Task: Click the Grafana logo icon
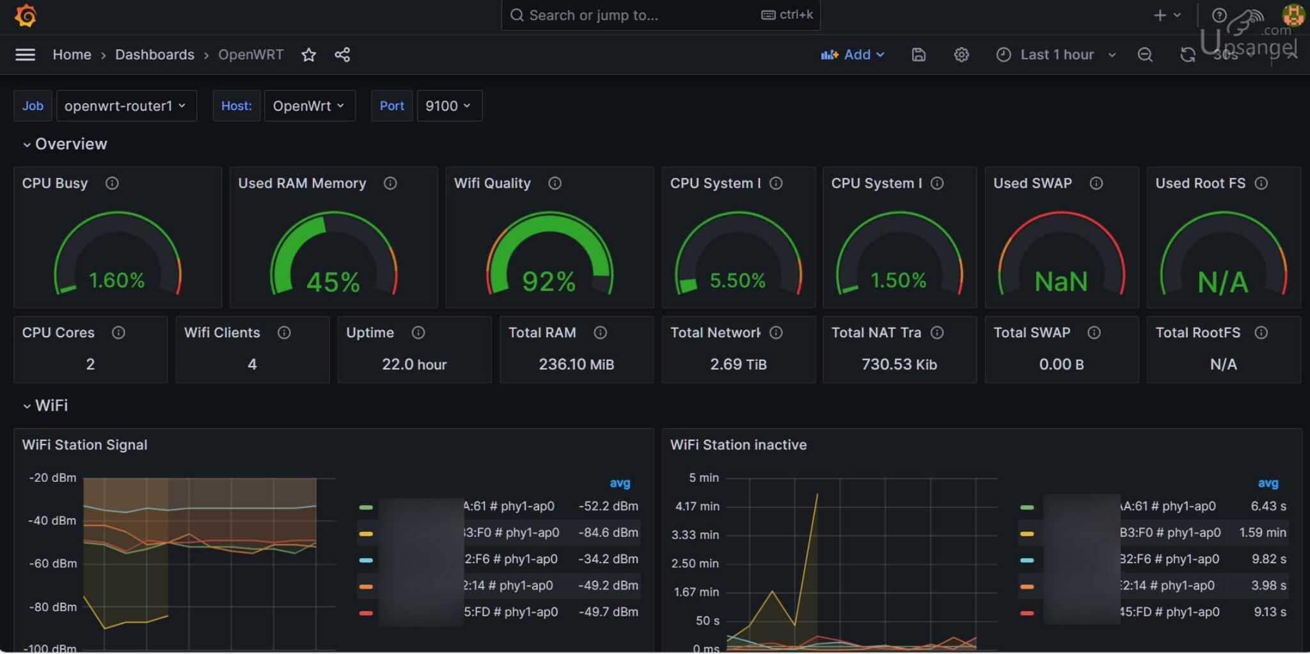(x=26, y=15)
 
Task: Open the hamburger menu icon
(x=25, y=55)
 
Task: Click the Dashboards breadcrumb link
(x=154, y=55)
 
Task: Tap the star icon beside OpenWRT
(x=308, y=55)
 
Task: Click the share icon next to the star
(x=342, y=55)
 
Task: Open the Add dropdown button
(x=853, y=55)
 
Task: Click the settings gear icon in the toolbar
(x=961, y=55)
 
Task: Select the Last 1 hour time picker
(x=1056, y=55)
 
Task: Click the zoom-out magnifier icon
(x=1145, y=55)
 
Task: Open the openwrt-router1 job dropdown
(x=125, y=106)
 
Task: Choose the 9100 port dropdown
(x=448, y=106)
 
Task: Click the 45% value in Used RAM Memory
(x=333, y=282)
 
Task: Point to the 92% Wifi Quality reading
(x=549, y=282)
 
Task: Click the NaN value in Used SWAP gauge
(x=1061, y=282)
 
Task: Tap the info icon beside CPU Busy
(x=112, y=184)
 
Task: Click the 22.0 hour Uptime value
(x=414, y=365)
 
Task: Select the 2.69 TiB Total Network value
(x=738, y=365)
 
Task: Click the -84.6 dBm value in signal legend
(x=608, y=533)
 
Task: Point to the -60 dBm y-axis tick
(x=52, y=564)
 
